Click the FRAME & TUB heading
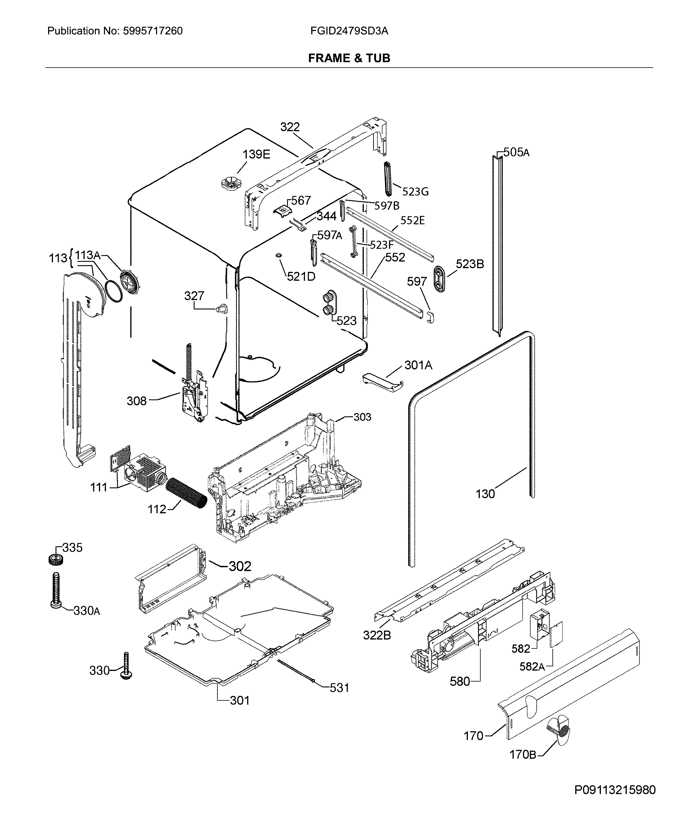(x=349, y=58)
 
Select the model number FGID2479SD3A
(x=349, y=31)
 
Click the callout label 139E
(x=256, y=154)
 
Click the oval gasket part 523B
(x=440, y=279)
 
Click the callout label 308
(x=136, y=401)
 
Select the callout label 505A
(x=516, y=152)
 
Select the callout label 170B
(x=522, y=754)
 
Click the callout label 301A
(x=418, y=365)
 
